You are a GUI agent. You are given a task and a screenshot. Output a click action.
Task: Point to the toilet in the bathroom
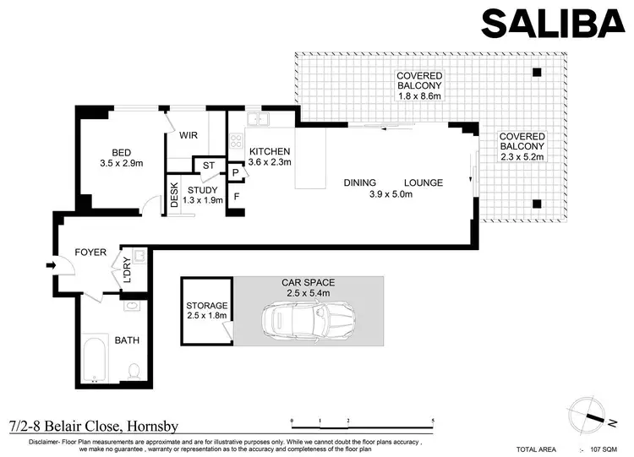(133, 369)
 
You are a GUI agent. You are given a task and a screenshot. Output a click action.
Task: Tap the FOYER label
(90, 252)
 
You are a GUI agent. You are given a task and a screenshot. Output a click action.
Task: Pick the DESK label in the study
(174, 195)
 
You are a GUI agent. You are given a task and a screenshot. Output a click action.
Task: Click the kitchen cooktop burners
(238, 141)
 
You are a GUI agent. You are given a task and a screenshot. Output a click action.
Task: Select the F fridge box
(236, 196)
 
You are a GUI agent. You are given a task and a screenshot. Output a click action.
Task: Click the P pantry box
(236, 172)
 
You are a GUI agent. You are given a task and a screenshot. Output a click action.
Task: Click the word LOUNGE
(423, 182)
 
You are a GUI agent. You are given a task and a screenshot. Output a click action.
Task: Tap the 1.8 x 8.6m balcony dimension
(420, 95)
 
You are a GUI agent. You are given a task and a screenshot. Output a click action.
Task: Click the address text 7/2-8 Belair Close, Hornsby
(92, 427)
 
